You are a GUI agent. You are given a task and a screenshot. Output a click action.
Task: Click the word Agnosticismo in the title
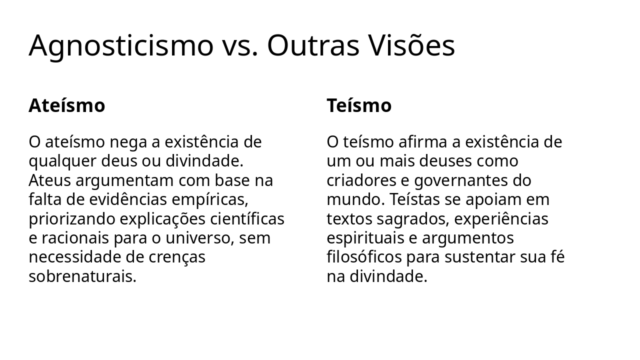[120, 46]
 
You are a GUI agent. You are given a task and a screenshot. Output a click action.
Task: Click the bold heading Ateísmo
[67, 106]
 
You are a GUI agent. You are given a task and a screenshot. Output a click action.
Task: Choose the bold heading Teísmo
[359, 106]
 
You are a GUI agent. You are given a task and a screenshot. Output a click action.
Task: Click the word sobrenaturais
[82, 276]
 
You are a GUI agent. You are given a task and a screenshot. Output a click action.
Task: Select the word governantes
[469, 180]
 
